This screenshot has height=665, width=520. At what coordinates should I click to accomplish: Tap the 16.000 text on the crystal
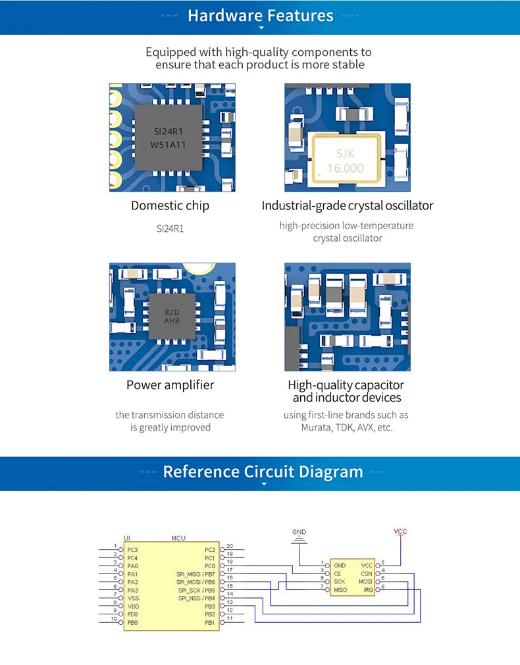[x=346, y=168]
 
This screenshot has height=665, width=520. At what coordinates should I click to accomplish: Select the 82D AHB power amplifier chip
[x=172, y=315]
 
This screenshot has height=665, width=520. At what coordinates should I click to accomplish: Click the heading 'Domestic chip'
[x=170, y=205]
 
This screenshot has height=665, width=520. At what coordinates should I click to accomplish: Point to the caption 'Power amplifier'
[x=170, y=385]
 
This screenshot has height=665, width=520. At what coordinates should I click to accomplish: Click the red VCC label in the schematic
[x=400, y=531]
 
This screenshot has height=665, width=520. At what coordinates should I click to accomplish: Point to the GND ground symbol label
[x=299, y=531]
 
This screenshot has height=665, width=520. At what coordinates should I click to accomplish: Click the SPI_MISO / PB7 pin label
[x=196, y=574]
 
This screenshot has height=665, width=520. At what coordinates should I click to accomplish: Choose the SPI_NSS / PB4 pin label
[x=196, y=598]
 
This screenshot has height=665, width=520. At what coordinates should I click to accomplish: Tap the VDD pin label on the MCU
[x=133, y=606]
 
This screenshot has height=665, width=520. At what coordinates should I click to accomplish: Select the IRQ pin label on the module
[x=369, y=590]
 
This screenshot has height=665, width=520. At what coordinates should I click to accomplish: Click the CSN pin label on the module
[x=367, y=573]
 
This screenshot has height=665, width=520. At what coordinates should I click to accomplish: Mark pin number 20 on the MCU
[x=230, y=546]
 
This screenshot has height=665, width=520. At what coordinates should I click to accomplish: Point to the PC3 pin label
[x=133, y=550]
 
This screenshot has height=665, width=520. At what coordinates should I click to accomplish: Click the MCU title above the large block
[x=178, y=538]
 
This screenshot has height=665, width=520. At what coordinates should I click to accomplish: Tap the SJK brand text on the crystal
[x=346, y=153]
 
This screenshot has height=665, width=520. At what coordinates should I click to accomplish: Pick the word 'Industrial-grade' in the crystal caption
[x=300, y=205]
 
